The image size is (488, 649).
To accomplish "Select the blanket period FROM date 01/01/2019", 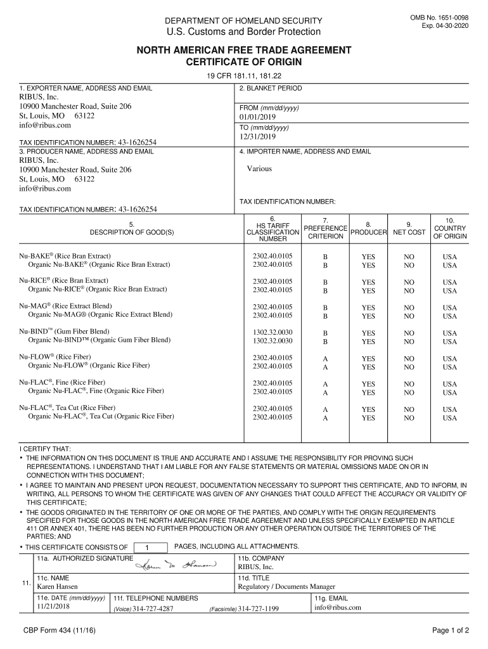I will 257,117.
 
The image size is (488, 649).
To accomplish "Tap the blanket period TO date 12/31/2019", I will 257,136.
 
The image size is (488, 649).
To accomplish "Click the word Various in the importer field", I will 259,169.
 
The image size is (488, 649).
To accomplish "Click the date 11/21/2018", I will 52,607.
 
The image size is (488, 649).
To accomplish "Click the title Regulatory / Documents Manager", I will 286,587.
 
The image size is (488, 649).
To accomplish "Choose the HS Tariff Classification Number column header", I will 273,229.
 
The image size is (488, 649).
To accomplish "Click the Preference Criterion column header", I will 325,232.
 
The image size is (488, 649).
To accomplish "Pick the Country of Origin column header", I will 449,228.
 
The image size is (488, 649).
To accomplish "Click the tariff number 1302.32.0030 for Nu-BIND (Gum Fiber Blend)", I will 273,333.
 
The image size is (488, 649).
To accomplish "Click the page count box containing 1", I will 147,548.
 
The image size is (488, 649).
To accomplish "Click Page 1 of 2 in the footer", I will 450,631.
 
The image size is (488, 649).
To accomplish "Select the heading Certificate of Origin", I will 243,62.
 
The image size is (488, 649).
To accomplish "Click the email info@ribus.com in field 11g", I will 337,607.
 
